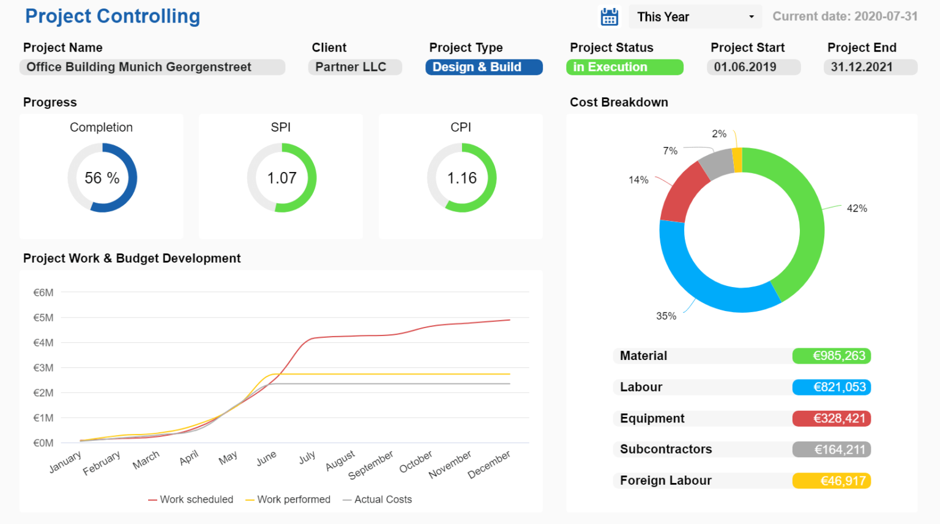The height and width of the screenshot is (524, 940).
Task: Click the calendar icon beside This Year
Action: [609, 17]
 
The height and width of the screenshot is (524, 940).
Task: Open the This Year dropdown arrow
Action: [752, 17]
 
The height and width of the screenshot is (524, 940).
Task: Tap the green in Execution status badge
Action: [624, 67]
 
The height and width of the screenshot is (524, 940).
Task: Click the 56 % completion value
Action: [102, 178]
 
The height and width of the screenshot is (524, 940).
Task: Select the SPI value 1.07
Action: [282, 178]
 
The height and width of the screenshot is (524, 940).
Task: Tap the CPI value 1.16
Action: [461, 178]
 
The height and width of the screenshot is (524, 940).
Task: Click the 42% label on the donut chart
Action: [857, 209]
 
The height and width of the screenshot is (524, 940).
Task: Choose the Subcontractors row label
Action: [666, 449]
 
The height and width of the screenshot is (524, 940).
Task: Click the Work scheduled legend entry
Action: [191, 500]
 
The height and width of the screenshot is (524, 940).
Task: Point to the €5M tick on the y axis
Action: [43, 318]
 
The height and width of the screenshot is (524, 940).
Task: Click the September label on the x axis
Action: [371, 465]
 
